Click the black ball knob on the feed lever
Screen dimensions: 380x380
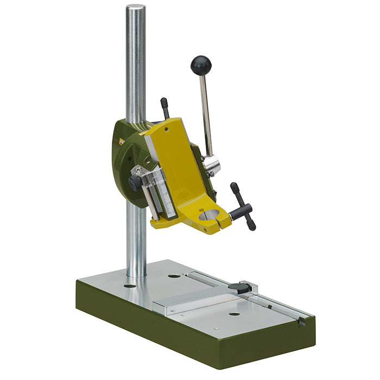(x=201, y=65)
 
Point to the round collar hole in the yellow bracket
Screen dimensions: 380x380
(x=209, y=215)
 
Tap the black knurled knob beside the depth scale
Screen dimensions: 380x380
(x=134, y=183)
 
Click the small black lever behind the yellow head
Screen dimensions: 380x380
(x=165, y=107)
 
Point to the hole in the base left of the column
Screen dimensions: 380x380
(x=130, y=285)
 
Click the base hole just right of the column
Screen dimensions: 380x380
(x=174, y=276)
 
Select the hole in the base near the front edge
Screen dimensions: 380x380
(x=234, y=314)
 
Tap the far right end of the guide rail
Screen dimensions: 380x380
(x=301, y=321)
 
